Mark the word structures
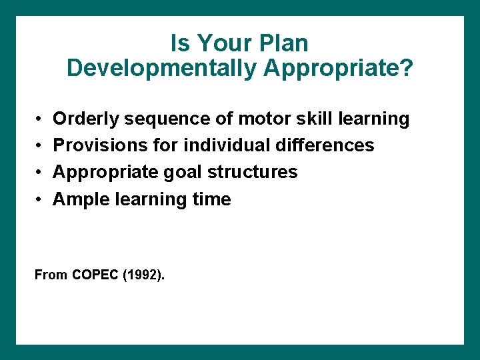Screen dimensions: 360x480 point(253,172)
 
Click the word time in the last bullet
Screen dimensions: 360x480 point(209,199)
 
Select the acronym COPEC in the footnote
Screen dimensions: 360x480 point(93,275)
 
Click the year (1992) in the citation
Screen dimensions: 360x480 point(143,275)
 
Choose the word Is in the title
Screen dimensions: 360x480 point(179,44)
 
